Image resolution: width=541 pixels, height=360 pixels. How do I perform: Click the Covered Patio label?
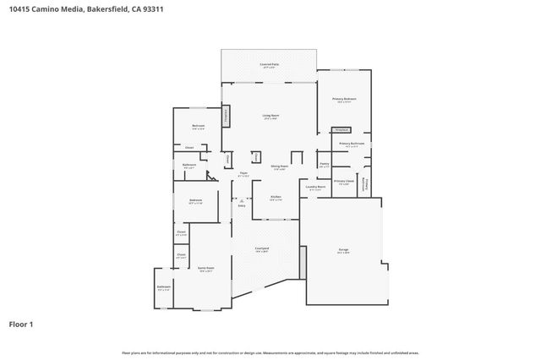[270, 64]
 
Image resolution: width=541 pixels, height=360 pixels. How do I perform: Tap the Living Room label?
[270, 116]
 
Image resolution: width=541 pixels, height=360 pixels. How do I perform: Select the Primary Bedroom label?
[343, 100]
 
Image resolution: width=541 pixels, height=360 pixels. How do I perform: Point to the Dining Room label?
[280, 166]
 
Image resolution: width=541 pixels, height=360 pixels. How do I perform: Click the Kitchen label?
[276, 197]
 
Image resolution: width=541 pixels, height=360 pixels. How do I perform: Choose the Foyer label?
[243, 174]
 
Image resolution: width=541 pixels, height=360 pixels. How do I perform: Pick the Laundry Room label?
[316, 188]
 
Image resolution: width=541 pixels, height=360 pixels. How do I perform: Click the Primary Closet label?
[343, 182]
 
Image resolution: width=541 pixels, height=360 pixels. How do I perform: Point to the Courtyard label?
[262, 248]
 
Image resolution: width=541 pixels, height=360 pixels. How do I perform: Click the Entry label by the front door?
[242, 205]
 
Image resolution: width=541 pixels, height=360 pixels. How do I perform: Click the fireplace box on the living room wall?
[226, 117]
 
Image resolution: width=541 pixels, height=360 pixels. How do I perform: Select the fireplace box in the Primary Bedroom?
[342, 130]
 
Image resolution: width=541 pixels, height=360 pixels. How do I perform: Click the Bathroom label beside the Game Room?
[163, 287]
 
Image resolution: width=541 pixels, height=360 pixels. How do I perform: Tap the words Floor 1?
[20, 324]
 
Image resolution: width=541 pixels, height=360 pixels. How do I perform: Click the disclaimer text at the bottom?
[270, 352]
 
